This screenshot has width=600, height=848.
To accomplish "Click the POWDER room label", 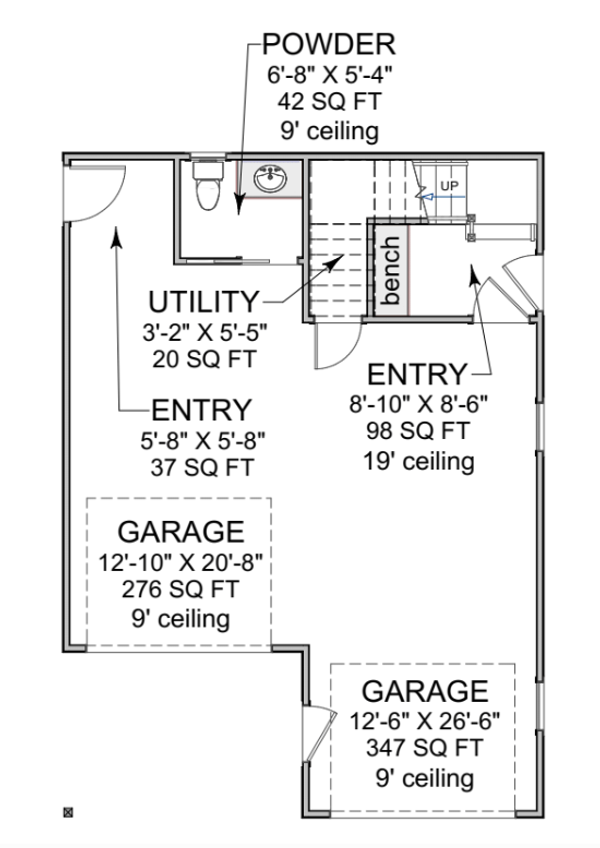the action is [x=329, y=44].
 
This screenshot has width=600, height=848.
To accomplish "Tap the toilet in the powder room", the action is [x=208, y=184].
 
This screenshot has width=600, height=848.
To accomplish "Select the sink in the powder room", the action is [x=270, y=178].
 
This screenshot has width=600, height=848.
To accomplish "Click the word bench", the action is [x=391, y=270].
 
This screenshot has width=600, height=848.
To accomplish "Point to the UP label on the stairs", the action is [x=449, y=186].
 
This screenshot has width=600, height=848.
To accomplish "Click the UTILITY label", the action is [x=204, y=302].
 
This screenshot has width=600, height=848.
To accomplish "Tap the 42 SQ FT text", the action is [x=329, y=102].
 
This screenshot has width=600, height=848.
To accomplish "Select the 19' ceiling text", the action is [x=419, y=462].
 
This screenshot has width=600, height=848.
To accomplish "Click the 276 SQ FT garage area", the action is [x=180, y=589].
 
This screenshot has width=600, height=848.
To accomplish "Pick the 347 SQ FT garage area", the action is [x=424, y=748].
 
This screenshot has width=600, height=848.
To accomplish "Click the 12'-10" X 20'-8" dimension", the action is [x=180, y=562].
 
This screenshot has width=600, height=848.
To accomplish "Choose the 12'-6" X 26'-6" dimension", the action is [x=424, y=721].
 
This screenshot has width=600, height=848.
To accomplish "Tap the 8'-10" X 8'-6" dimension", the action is [x=418, y=403].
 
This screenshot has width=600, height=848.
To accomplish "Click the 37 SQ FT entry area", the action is [x=202, y=468].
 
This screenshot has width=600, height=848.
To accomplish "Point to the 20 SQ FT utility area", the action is [x=204, y=359].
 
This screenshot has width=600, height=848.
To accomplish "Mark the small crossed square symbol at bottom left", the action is [x=68, y=812].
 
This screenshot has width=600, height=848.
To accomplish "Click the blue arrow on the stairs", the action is [x=443, y=197].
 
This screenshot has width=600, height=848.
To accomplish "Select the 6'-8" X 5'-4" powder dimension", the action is [x=329, y=75].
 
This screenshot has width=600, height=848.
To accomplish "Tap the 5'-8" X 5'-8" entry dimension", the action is [x=202, y=441].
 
